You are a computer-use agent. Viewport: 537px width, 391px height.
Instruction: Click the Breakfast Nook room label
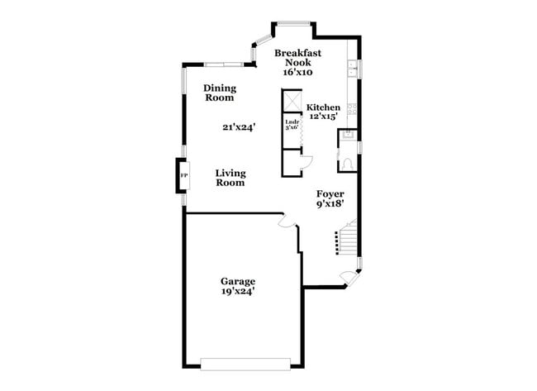coord(298,57)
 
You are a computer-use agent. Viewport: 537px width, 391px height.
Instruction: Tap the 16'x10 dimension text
coord(298,72)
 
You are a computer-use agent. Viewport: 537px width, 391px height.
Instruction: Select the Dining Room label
coord(220,93)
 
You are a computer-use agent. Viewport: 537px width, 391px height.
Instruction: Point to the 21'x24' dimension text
coord(239,127)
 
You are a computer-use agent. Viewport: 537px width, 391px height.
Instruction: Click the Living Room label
coord(230,178)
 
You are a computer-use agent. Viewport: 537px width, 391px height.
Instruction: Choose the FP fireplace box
coord(183,175)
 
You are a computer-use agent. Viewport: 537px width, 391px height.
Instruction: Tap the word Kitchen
coord(323,107)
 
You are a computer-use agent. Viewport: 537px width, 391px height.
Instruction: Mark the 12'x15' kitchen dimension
coord(324,117)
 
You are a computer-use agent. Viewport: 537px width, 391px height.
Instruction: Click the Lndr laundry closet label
coord(291,126)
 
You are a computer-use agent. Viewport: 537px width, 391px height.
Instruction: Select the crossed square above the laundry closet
coord(292,100)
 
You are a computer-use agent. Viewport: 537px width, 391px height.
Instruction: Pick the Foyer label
coord(330,193)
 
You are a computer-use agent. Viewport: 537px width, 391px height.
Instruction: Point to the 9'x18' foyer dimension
coord(330,203)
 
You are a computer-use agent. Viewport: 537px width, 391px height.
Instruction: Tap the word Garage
coord(237,280)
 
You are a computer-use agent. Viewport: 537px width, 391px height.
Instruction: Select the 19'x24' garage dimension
coord(237,291)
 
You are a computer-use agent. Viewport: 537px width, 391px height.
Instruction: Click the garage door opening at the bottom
coord(245,362)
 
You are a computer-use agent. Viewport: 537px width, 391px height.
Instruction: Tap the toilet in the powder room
coord(349,162)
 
